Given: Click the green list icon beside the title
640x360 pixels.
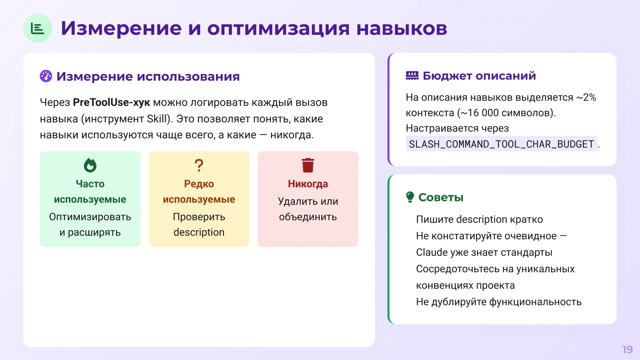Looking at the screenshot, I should pos(37,28).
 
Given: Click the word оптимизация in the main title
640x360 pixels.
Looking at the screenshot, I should pos(278,28).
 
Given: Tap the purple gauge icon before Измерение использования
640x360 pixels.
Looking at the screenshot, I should pos(46,76).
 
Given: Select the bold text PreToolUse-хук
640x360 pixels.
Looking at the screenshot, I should pos(111,102).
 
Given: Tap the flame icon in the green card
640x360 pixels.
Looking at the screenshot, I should pos(90,165).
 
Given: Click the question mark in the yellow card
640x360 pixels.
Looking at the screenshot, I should pos(199,165).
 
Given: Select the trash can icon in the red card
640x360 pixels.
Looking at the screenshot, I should pos(308,165).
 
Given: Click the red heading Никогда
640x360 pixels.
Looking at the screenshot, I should pos(308,184).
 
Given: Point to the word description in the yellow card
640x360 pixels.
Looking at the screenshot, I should pos(199,232).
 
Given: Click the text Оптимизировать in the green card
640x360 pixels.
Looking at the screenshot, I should pos(90,217).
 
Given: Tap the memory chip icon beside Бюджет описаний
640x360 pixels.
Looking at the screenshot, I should pos(412,76).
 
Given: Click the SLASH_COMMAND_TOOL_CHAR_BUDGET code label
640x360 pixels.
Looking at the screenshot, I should pos(501,144).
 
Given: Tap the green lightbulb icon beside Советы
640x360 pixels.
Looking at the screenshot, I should pos(410,197).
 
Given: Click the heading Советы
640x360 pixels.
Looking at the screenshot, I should pos(441,197).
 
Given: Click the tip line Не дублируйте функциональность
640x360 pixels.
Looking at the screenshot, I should pos(499,302).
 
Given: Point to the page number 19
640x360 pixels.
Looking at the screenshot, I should pos(627,349).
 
